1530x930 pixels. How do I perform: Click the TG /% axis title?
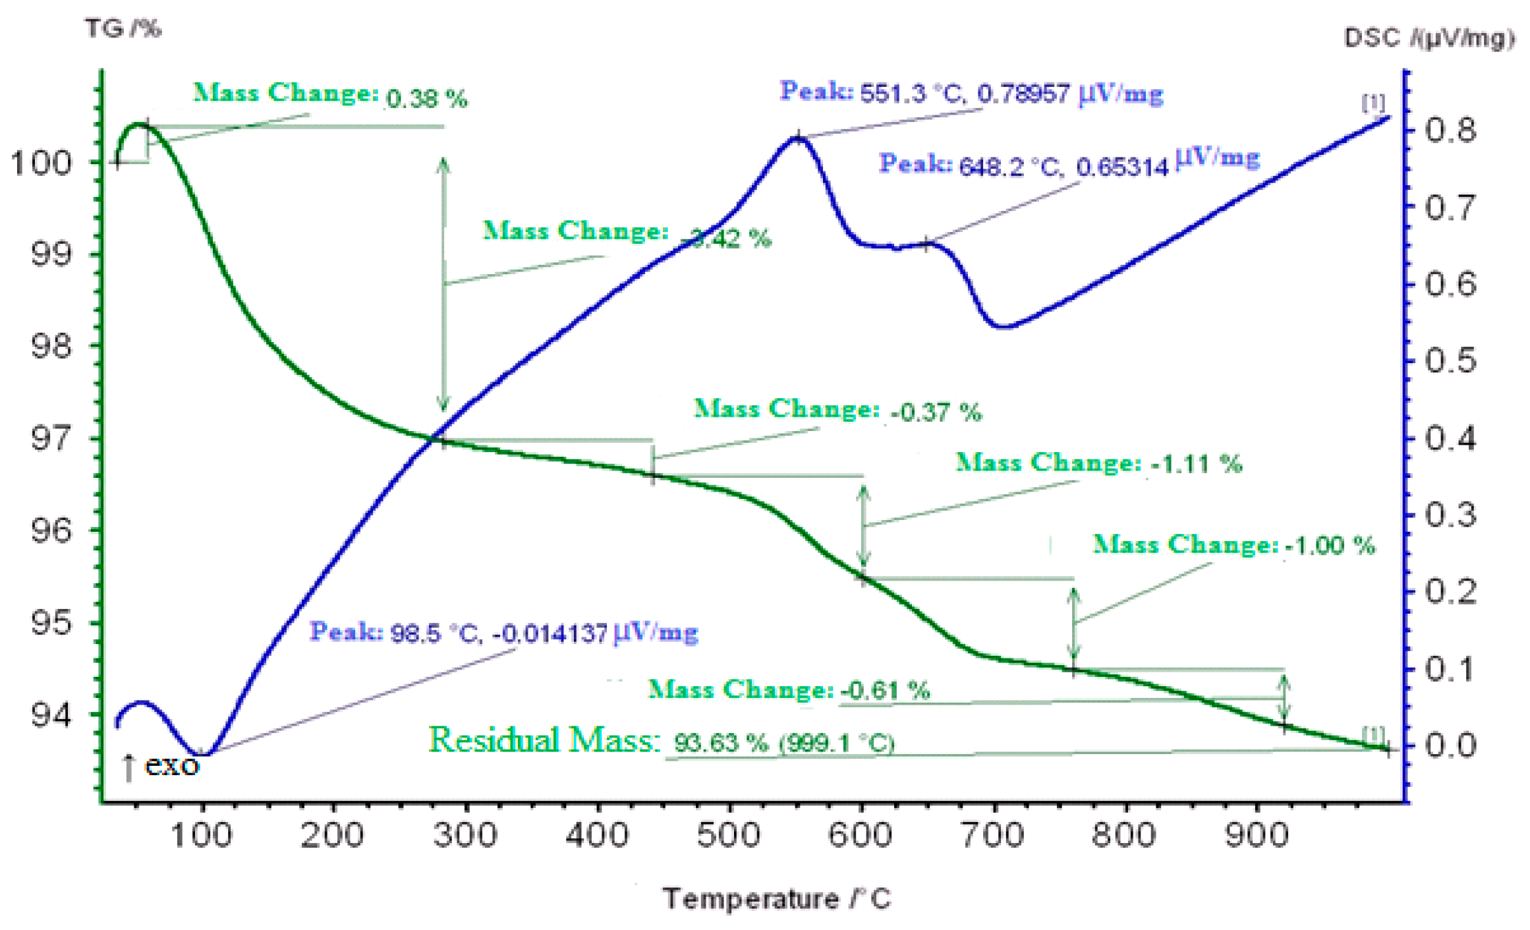click(123, 28)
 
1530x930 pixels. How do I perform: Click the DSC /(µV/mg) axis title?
click(1428, 38)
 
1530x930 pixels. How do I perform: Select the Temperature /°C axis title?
click(777, 899)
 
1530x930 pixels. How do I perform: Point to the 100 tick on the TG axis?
click(41, 163)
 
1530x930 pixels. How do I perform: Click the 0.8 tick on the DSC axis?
click(1450, 130)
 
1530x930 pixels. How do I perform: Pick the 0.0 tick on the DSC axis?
click(1450, 745)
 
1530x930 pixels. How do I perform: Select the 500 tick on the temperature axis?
click(729, 835)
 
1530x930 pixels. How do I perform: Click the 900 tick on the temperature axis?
click(1256, 835)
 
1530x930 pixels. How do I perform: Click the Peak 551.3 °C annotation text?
click(971, 93)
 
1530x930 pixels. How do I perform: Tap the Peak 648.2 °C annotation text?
click(1069, 163)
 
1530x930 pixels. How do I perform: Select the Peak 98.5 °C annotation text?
click(503, 633)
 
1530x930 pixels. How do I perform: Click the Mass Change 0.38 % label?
click(329, 95)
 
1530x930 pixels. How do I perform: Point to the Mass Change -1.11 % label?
click(1098, 463)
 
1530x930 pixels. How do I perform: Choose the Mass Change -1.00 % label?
click(1233, 545)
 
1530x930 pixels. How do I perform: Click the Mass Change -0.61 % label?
click(789, 690)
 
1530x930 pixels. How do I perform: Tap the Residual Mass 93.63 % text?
click(661, 741)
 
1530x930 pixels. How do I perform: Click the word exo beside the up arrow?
click(171, 765)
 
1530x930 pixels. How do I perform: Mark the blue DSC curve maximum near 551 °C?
click(797, 138)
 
